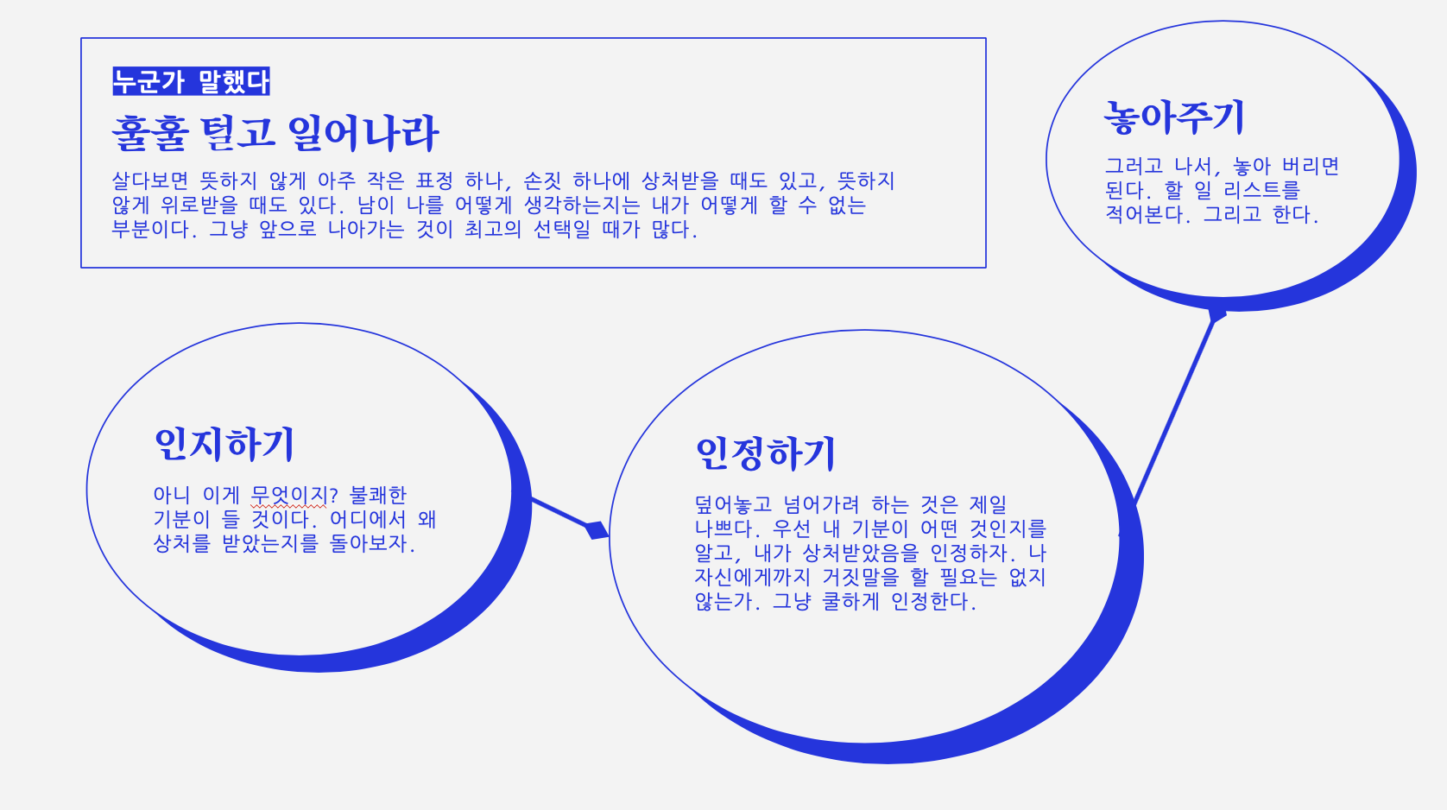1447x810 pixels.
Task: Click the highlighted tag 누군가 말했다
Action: coord(191,81)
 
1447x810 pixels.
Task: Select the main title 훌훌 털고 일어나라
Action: coord(275,133)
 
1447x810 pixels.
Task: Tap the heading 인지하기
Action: coord(224,444)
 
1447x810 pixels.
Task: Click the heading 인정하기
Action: coord(766,453)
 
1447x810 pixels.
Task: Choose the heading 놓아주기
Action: coord(1174,117)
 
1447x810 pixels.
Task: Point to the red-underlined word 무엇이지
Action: coord(288,495)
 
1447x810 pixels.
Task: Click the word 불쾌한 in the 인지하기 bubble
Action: coord(378,495)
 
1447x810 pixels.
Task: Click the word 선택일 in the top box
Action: coord(562,229)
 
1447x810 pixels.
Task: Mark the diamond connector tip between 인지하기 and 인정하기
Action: coord(597,529)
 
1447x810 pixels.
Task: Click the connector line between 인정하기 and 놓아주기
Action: coord(1174,410)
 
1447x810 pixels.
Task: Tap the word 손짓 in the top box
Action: coord(542,180)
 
